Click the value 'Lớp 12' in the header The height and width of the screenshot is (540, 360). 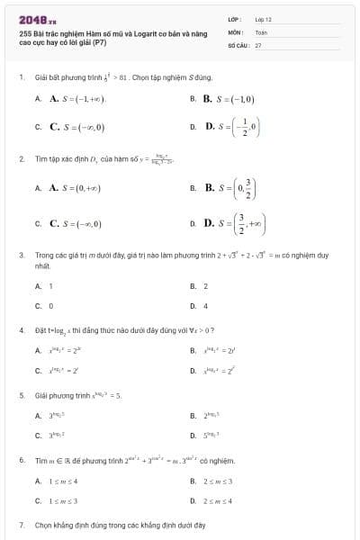[264, 18]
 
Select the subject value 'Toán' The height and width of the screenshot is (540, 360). [261, 31]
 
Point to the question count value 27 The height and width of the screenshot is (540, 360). [258, 44]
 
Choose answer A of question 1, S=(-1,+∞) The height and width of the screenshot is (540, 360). [77, 99]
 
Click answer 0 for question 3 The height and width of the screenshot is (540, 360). [50, 305]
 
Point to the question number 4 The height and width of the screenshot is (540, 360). [21, 329]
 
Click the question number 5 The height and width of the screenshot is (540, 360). [21, 395]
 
